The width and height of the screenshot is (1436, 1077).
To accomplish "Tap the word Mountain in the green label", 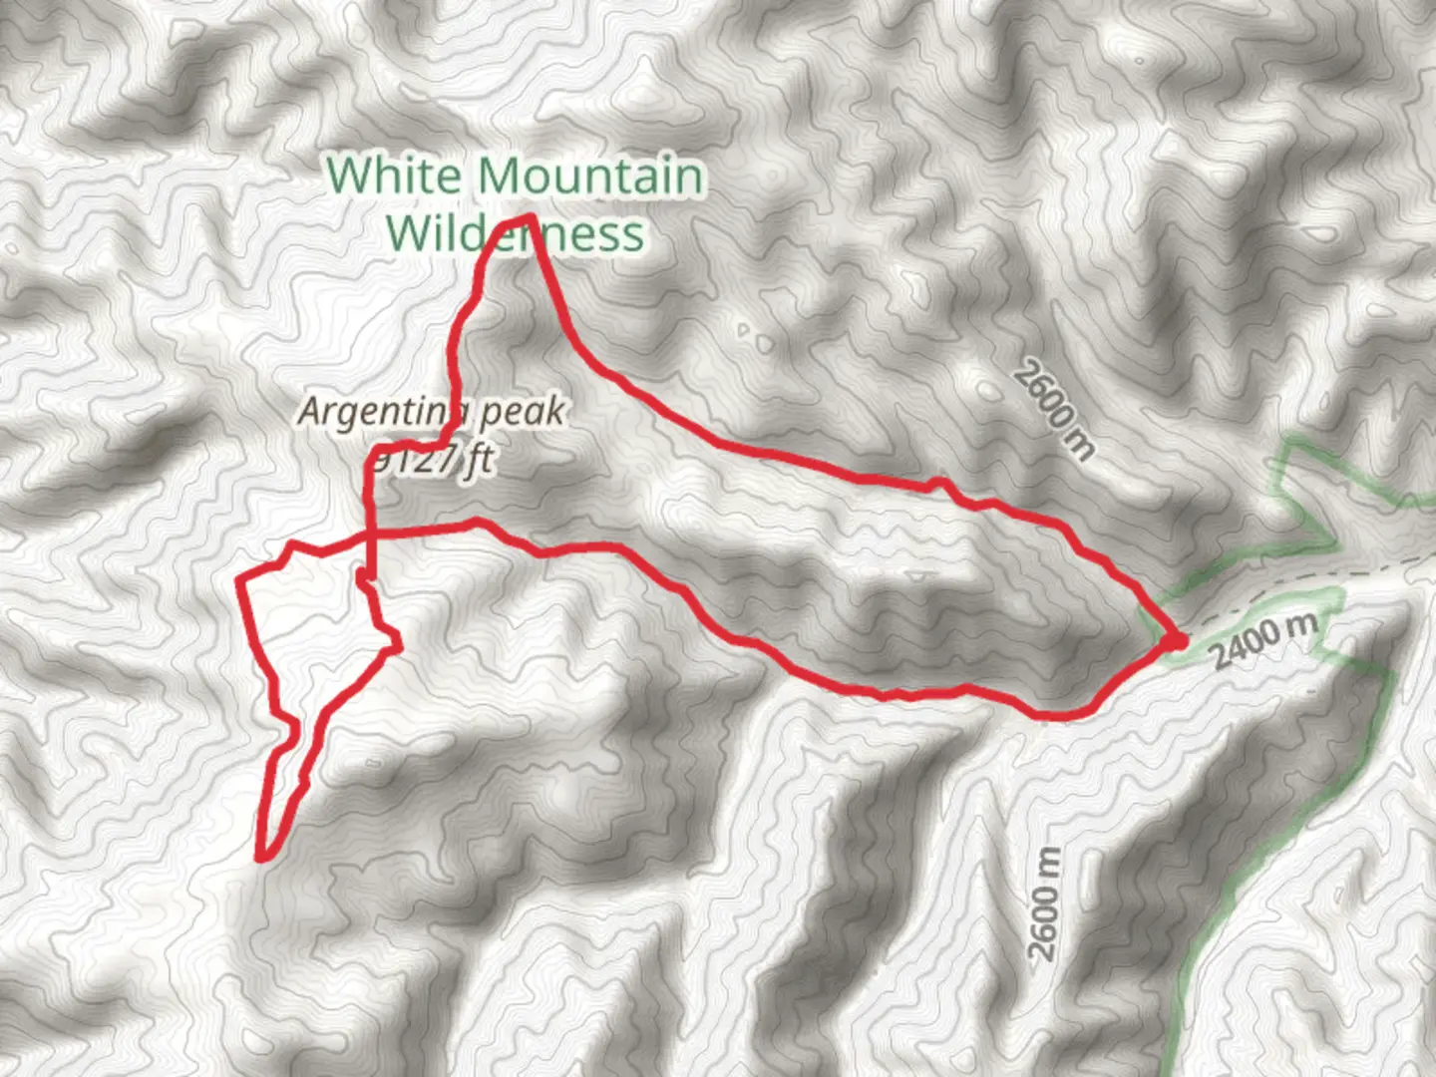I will [589, 176].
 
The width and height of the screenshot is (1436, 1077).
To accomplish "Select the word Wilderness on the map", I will [515, 233].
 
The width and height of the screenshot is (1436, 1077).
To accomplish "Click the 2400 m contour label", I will [1264, 640].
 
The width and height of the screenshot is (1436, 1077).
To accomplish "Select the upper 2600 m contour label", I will [1053, 410].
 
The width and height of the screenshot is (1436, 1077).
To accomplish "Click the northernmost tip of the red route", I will [529, 216].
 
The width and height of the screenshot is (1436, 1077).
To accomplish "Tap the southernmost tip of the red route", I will [262, 856].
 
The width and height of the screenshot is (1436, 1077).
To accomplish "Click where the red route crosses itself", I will [370, 536].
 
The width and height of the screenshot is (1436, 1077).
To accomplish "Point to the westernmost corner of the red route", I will [239, 579].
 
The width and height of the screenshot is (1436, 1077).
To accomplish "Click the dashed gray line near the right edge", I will [1396, 566].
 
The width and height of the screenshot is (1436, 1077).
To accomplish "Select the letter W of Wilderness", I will [409, 233].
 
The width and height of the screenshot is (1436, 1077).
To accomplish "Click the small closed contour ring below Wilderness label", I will [745, 328].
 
